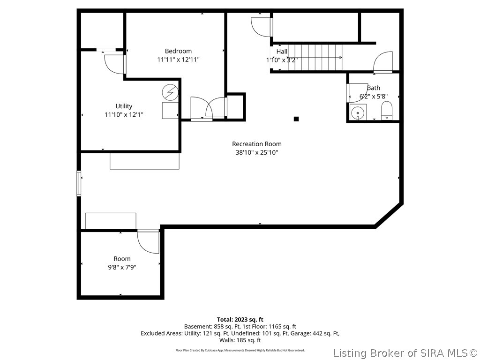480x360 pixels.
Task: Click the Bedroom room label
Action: (178, 51)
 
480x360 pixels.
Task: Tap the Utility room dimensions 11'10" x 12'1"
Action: (124, 115)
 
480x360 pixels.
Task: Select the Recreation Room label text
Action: (256, 144)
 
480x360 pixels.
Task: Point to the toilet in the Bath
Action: (387, 111)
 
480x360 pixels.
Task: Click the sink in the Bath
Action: (358, 112)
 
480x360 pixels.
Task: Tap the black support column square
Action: (296, 119)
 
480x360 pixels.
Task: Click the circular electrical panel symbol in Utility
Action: (170, 91)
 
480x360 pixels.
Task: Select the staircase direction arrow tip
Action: (341, 57)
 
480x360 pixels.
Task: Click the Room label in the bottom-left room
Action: (122, 259)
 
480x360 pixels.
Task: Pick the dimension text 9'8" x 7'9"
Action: (122, 267)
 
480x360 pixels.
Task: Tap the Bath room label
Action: (374, 88)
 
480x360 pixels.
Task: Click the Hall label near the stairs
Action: (282, 52)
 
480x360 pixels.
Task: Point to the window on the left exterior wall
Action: (79, 183)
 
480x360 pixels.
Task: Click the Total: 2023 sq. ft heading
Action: (240, 320)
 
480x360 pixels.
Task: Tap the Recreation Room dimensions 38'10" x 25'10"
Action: (256, 152)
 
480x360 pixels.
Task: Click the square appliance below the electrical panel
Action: (170, 111)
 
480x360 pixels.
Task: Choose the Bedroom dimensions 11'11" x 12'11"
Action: (178, 60)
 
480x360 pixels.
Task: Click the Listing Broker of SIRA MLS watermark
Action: (405, 353)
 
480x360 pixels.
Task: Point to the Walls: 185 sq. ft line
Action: (240, 340)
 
